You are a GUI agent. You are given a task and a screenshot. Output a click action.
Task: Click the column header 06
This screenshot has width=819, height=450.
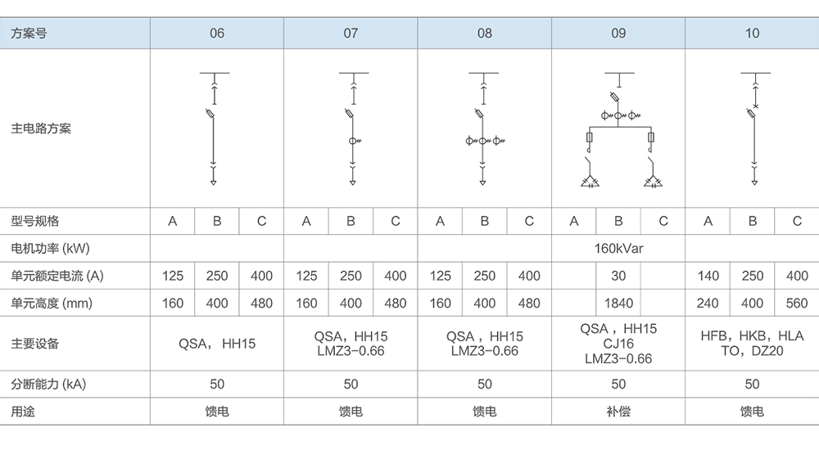pyautogui.click(x=217, y=34)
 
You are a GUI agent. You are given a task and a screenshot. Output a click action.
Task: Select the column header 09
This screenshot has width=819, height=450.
pyautogui.click(x=618, y=34)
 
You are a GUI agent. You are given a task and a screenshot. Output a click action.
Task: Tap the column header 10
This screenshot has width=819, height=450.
pyautogui.click(x=752, y=34)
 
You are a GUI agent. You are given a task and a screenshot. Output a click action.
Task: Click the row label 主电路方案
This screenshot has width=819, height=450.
pyautogui.click(x=41, y=128)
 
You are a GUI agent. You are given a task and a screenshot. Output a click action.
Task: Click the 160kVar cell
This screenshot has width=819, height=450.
pyautogui.click(x=618, y=248)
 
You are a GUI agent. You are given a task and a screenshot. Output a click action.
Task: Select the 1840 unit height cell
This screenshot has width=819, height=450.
pyautogui.click(x=618, y=304)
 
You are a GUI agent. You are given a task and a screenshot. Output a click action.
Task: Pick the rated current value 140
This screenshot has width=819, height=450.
pyautogui.click(x=708, y=276)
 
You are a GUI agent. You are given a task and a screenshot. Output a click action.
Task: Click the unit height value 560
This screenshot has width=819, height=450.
pyautogui.click(x=797, y=304)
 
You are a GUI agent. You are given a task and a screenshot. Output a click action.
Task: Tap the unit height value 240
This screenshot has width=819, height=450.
pyautogui.click(x=708, y=304)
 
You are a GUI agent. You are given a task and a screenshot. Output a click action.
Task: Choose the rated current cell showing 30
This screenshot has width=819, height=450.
pyautogui.click(x=618, y=276)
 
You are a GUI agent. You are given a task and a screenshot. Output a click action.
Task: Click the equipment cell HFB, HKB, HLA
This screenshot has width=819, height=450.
pyautogui.click(x=752, y=336)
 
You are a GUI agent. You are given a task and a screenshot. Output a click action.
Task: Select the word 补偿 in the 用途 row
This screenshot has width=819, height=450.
pyautogui.click(x=618, y=412)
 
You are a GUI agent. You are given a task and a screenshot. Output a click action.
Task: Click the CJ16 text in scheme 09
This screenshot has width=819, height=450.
pyautogui.click(x=618, y=344)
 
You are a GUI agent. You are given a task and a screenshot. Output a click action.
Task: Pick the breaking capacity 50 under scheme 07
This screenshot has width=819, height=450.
pyautogui.click(x=351, y=384)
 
